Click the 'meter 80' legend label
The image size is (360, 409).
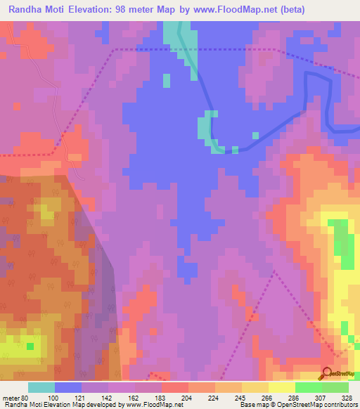tap(15, 398)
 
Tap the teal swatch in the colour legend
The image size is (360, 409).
tap(41, 387)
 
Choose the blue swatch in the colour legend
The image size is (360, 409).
tap(68, 387)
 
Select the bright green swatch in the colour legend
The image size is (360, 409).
tap(309, 387)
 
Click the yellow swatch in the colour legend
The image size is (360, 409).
tap(282, 387)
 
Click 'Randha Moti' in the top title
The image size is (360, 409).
tap(36, 8)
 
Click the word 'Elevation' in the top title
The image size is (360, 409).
tap(93, 8)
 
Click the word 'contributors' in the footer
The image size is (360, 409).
tap(339, 405)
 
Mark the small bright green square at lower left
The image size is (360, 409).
tap(30, 346)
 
